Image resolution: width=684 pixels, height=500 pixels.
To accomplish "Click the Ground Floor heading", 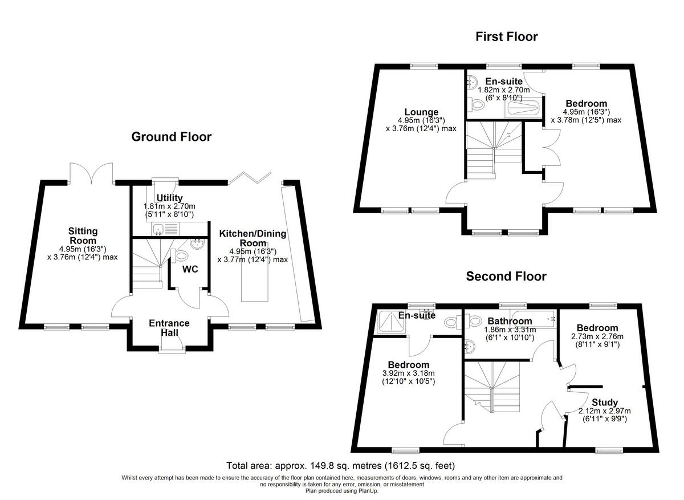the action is pyautogui.click(x=171, y=137).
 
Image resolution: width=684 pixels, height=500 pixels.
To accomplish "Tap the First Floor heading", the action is pyautogui.click(x=507, y=37).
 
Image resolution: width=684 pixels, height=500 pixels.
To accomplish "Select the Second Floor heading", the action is pyautogui.click(x=506, y=277).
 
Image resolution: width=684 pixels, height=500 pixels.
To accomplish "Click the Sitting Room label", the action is pyautogui.click(x=83, y=236).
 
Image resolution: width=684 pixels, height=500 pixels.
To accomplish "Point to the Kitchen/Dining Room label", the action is pyautogui.click(x=253, y=238).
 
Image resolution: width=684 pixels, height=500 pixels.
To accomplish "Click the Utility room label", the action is pyautogui.click(x=169, y=198).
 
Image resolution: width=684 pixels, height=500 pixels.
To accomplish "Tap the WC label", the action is pyautogui.click(x=190, y=269).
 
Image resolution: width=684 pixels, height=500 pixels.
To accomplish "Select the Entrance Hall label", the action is pyautogui.click(x=169, y=328).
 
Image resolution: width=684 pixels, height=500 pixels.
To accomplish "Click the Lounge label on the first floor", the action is pyautogui.click(x=421, y=112).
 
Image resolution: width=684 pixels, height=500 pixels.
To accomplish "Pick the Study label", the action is pyautogui.click(x=604, y=403).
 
